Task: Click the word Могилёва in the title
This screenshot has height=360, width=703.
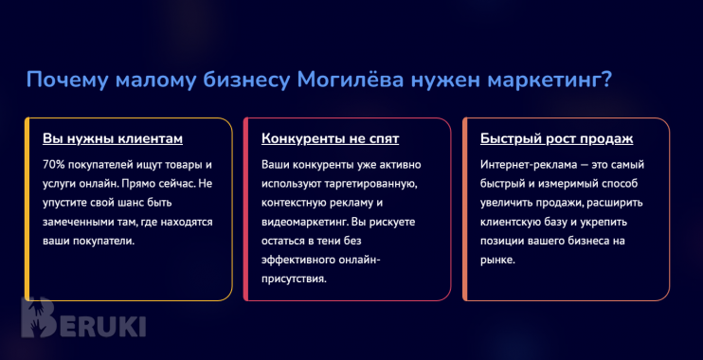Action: point(348,81)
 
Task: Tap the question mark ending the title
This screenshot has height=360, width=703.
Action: point(605,81)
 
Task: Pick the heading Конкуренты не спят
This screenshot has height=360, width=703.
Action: point(330,138)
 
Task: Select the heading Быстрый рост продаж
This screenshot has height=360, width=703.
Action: point(556,138)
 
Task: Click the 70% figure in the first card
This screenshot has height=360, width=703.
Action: point(54,164)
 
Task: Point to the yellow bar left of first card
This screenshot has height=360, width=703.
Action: point(27,208)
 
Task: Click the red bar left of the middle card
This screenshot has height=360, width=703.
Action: point(245,208)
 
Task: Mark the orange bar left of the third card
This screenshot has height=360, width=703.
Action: point(465,208)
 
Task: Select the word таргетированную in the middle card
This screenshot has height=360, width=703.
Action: point(367,183)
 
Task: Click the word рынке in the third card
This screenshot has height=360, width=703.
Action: point(496,260)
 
